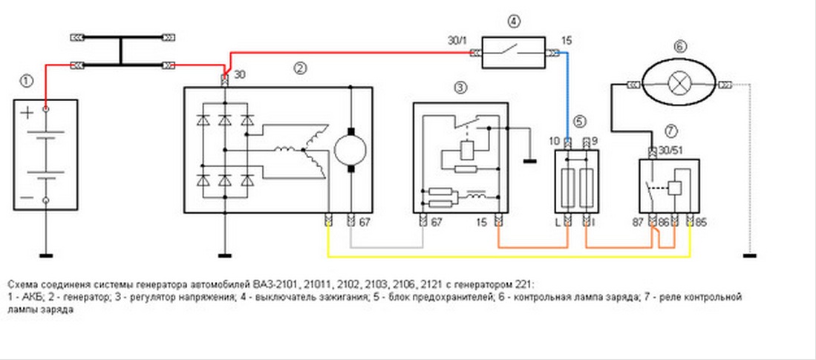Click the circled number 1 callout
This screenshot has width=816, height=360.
(x=27, y=79)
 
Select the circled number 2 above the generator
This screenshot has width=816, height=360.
(x=300, y=68)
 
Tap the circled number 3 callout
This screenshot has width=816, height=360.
(x=461, y=88)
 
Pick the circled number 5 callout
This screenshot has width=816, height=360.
(x=580, y=122)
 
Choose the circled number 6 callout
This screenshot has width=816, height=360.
(x=679, y=46)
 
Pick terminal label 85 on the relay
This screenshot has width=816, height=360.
(x=702, y=221)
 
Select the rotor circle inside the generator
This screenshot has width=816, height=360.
(x=348, y=151)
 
